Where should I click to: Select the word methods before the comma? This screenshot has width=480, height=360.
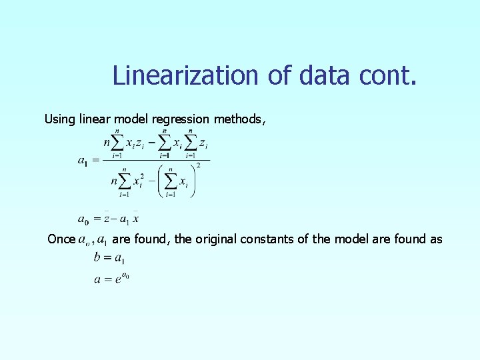238,119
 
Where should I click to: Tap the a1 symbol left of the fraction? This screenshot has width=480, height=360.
83,161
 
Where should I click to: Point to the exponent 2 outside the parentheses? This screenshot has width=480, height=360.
198,166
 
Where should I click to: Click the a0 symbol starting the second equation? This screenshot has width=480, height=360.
83,219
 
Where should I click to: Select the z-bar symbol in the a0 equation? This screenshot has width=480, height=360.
107,218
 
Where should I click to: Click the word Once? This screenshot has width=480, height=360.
61,239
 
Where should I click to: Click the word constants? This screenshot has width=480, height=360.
269,239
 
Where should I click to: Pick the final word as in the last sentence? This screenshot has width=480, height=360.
435,239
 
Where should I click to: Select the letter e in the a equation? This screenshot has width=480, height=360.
117,280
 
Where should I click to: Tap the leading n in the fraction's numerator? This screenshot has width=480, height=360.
107,143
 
